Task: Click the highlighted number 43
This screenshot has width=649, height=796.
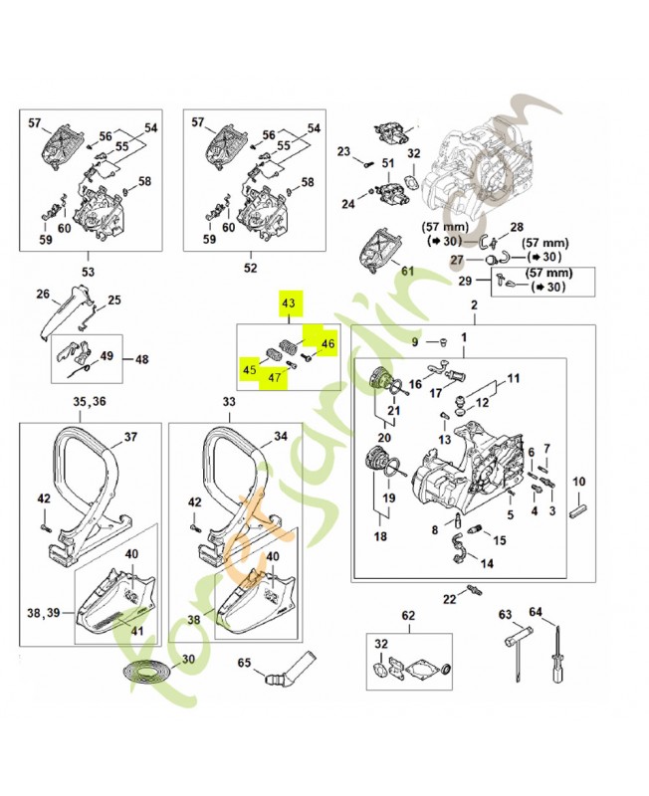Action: point(289,302)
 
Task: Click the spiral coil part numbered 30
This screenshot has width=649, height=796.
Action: point(149,669)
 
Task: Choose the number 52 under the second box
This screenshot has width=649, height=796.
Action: point(250,268)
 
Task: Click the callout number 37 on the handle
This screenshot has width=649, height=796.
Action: point(130,437)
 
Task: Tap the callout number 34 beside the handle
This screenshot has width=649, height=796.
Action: point(280,437)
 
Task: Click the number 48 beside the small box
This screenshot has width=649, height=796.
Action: point(140,359)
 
